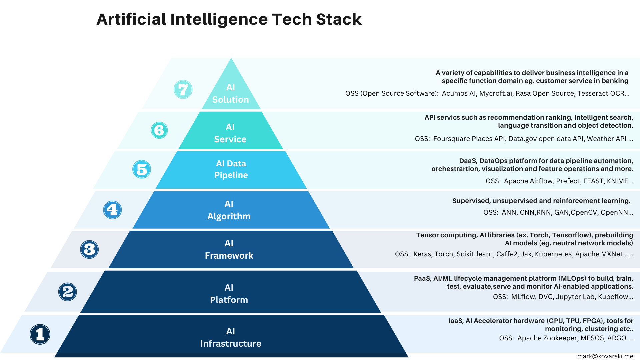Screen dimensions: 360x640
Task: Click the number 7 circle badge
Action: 183,89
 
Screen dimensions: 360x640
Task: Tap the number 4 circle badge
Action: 112,210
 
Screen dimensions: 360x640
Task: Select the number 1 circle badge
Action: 40,334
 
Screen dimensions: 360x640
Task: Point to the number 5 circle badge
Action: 142,169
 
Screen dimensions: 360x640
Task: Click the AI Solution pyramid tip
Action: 231,93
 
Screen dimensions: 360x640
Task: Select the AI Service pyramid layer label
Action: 230,133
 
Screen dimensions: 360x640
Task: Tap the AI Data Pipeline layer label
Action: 231,169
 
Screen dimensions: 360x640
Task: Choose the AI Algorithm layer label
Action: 229,210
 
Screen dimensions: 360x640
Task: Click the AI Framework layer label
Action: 229,249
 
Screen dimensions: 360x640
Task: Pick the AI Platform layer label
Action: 229,294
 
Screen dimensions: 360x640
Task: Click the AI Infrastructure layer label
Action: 231,337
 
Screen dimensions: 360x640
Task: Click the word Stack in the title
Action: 339,19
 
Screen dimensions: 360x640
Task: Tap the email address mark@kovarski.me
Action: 605,356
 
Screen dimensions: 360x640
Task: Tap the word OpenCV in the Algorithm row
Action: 584,212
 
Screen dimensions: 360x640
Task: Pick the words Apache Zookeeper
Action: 547,338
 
